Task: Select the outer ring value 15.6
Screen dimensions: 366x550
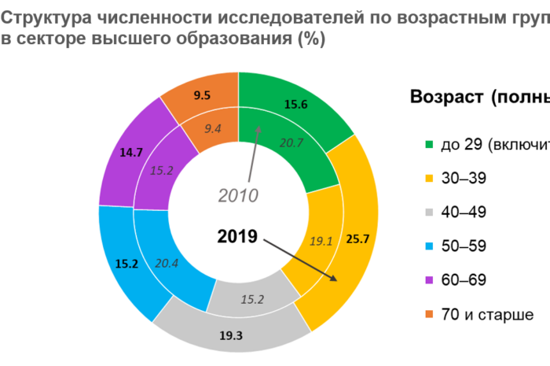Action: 295,104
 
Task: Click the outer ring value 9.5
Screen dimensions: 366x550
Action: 201,94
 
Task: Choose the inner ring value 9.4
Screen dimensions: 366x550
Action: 213,128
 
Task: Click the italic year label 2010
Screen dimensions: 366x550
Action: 238,194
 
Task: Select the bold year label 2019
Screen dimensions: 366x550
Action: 238,235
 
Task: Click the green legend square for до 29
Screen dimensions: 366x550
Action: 429,145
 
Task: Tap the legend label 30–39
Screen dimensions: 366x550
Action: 464,179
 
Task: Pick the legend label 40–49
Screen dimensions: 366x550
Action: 464,213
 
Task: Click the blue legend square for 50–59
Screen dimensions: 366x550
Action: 429,246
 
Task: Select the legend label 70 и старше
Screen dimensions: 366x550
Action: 487,314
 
